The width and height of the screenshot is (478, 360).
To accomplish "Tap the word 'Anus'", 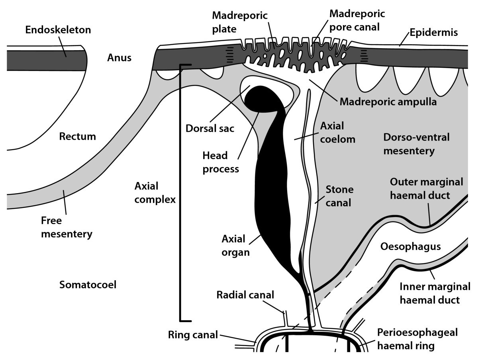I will click(x=119, y=58).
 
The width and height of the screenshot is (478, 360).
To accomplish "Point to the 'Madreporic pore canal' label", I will click(x=357, y=21).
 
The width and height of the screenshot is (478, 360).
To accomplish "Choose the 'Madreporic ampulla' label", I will click(x=388, y=102).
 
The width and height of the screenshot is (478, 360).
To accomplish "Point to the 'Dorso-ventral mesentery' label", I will click(x=416, y=144).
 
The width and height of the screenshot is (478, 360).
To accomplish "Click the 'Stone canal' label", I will click(x=339, y=196).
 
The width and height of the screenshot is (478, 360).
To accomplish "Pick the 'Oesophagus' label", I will click(x=410, y=247).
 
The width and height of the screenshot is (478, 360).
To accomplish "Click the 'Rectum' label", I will click(x=78, y=137).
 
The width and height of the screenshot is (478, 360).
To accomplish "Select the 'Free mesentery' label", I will click(x=66, y=227).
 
